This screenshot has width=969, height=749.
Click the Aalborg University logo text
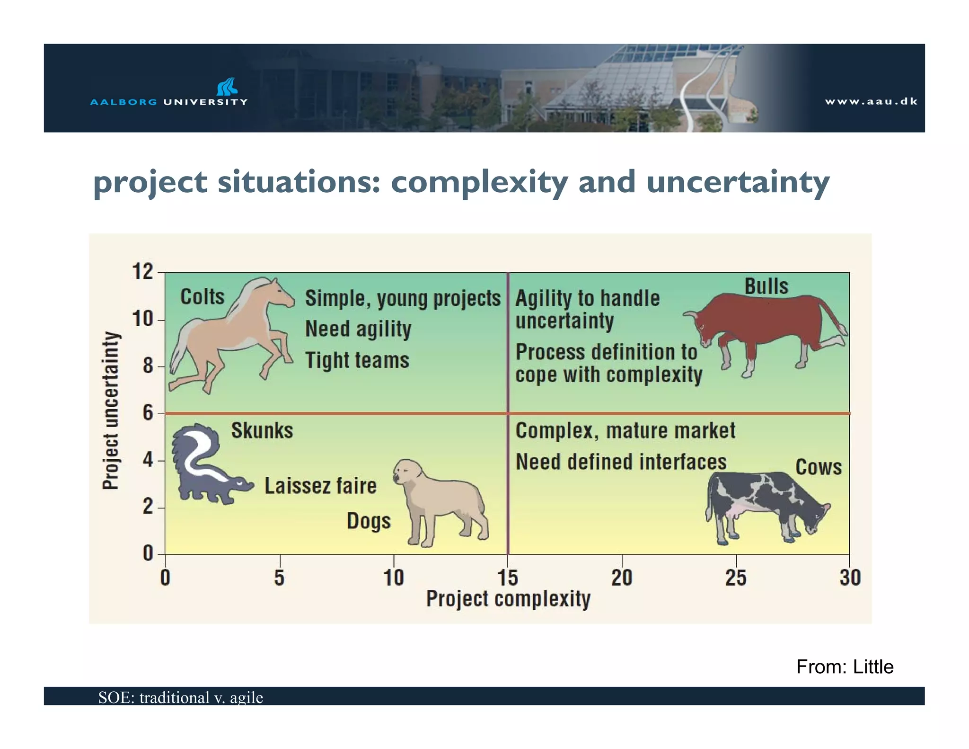point(168,102)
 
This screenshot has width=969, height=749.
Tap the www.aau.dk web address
point(871,101)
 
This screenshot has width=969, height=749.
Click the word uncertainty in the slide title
point(737,182)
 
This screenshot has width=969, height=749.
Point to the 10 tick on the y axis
point(143,319)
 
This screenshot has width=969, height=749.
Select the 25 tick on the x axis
point(736,578)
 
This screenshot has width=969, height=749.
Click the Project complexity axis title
point(508,599)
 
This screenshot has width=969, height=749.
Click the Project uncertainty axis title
point(111,410)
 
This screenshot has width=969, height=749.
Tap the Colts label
point(202,297)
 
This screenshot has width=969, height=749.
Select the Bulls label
point(766,286)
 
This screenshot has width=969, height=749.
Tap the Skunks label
point(262,431)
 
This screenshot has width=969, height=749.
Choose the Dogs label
point(369,521)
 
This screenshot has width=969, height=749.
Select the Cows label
point(818,467)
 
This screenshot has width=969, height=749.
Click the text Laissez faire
point(320,486)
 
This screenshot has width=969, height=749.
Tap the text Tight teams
point(357,360)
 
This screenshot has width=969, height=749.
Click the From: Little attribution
point(845,667)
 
